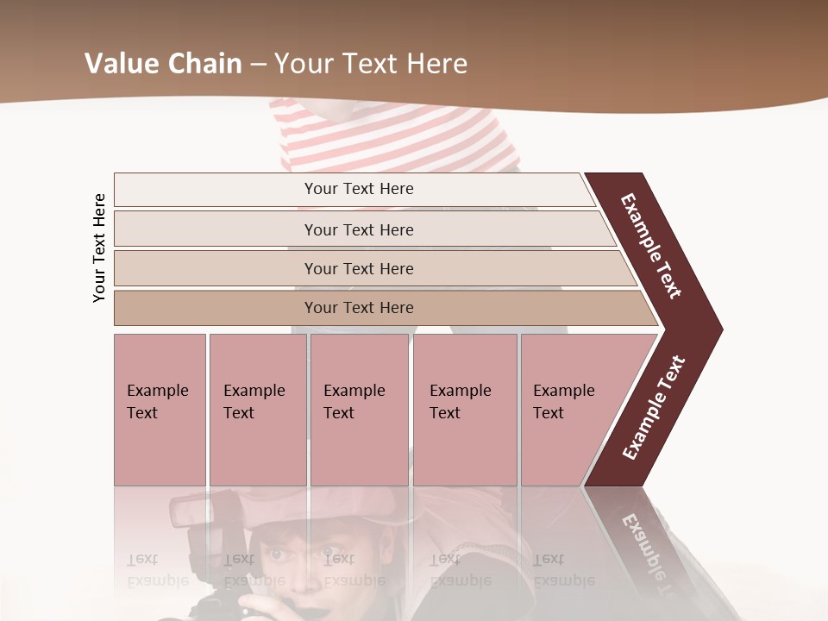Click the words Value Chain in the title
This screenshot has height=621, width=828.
pos(163,64)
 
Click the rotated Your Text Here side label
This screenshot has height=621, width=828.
pos(100,248)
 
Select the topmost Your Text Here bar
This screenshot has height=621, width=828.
pos(358,189)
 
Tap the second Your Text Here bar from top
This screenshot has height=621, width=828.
pos(358,229)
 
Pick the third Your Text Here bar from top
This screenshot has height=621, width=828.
pos(358,268)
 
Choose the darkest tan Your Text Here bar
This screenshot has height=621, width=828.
pos(358,308)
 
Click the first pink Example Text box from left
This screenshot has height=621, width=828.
pos(160,410)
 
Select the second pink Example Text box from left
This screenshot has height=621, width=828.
pos(257,410)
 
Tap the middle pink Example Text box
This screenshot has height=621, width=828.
pos(359,410)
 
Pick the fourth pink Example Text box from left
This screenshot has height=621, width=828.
pos(465,410)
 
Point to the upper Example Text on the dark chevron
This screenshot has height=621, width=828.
pos(652,245)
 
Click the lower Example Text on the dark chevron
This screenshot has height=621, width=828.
pos(654,407)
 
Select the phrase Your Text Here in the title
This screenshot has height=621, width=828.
pos(371,64)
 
